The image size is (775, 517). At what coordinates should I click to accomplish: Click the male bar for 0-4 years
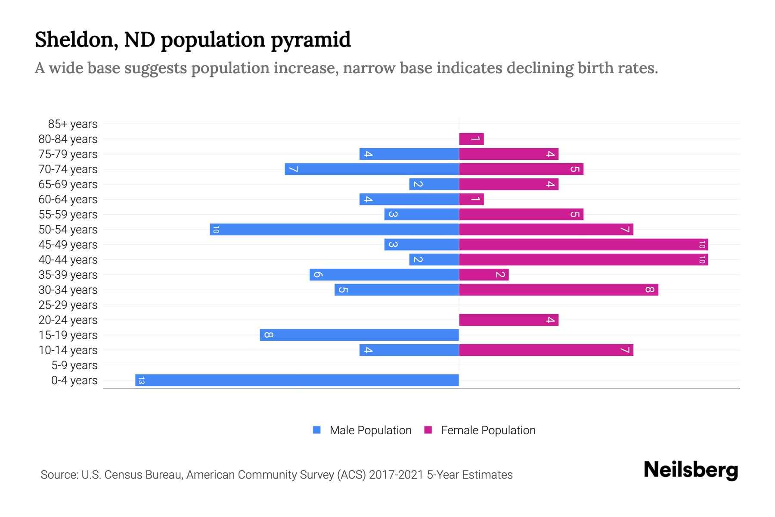[297, 380]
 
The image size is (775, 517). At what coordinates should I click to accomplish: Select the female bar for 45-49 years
[583, 244]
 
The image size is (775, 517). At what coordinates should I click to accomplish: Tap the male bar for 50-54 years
[335, 229]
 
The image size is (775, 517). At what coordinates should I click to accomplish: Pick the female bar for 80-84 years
[471, 139]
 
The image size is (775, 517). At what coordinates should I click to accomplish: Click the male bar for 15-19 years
[360, 335]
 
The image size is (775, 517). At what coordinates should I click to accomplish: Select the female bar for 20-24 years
[508, 320]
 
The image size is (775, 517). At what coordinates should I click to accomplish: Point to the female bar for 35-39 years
[484, 274]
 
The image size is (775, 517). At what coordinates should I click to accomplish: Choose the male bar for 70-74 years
[372, 169]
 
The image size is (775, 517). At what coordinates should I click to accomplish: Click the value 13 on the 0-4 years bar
[141, 380]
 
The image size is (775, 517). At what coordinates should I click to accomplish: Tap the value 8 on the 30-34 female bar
[650, 290]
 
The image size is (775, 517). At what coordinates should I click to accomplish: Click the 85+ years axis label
[73, 124]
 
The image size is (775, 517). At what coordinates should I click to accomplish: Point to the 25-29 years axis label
[68, 305]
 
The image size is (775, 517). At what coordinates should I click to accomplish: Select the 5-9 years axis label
[74, 365]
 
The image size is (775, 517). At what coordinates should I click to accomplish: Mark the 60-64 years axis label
[68, 199]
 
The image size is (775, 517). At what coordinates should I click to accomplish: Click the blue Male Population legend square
[317, 430]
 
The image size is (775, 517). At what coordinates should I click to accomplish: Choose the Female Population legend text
[488, 430]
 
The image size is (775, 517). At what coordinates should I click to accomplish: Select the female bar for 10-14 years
[546, 350]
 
